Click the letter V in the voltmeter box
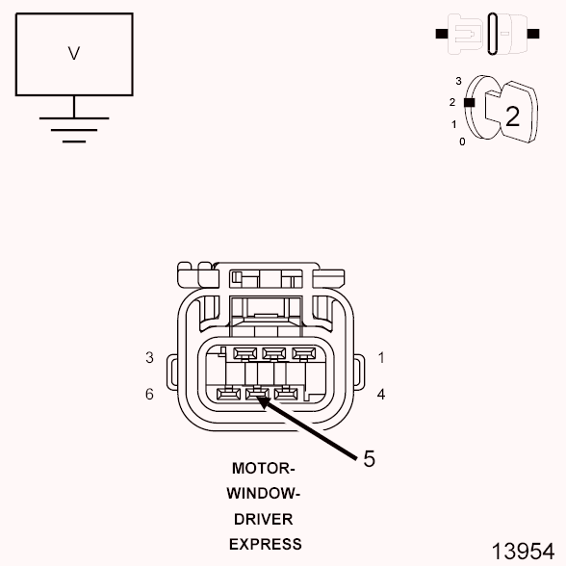(74, 54)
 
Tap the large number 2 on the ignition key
(512, 116)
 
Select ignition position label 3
(459, 81)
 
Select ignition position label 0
(462, 141)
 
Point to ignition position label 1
(453, 124)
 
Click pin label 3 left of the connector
(149, 357)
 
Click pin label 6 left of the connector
(149, 394)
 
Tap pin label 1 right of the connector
(381, 357)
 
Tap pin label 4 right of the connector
(381, 394)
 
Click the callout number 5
(369, 459)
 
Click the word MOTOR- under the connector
(264, 469)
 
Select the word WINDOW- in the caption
(264, 494)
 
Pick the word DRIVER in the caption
(264, 519)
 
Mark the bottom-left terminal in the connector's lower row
(228, 393)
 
